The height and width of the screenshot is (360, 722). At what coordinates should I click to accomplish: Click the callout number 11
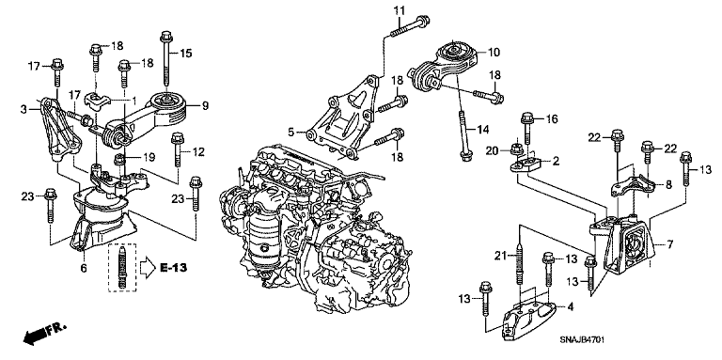pos(398,10)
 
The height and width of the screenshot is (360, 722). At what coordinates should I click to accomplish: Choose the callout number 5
pos(669,244)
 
